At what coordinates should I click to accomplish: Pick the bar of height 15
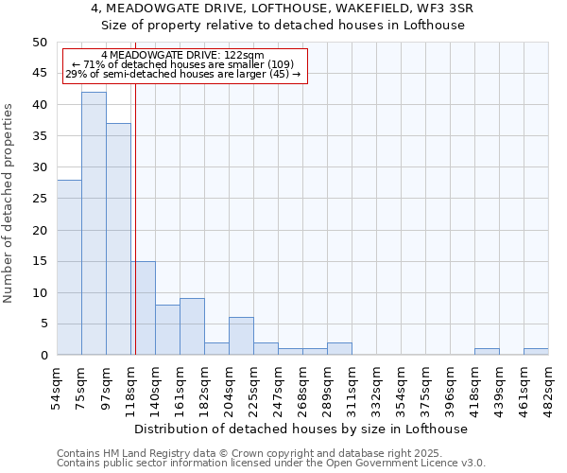point(143,308)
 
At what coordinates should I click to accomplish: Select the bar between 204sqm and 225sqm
point(241,337)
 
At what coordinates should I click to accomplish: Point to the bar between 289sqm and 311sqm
point(339,349)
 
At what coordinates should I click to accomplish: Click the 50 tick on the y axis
point(40,43)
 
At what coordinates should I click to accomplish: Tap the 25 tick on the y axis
point(40,199)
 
